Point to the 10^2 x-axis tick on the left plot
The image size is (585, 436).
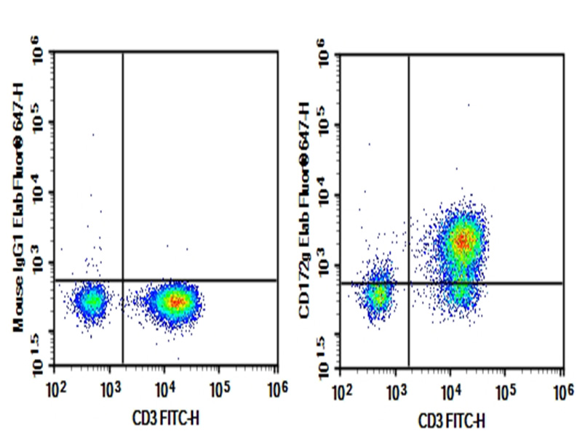tap(55, 383)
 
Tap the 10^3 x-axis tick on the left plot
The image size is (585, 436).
tap(110, 383)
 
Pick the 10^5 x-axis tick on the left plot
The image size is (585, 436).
tap(220, 383)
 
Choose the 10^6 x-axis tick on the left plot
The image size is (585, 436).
tap(276, 383)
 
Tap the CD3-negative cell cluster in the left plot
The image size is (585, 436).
tap(92, 300)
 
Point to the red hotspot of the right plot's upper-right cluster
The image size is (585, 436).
tap(462, 239)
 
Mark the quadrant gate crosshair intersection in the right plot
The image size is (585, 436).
tap(409, 283)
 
